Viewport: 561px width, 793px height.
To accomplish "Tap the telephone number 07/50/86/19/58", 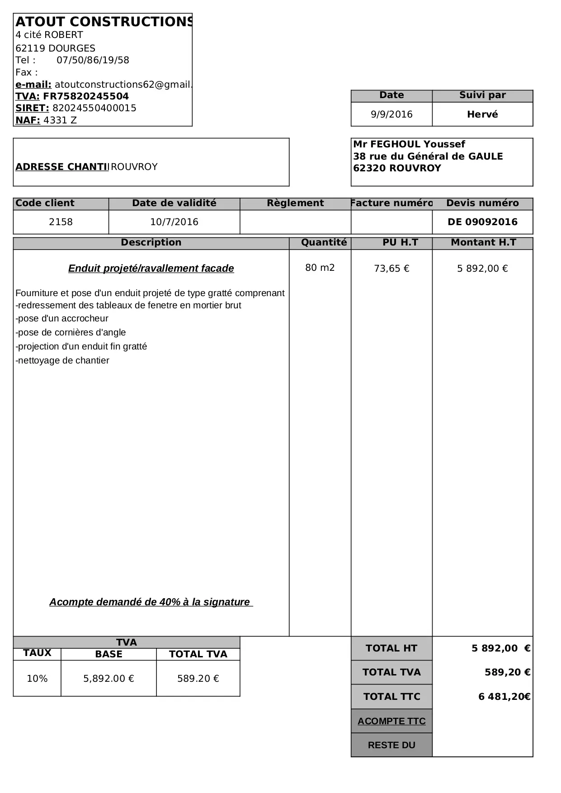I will coord(93,60).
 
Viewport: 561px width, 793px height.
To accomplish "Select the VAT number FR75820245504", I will coord(86,96).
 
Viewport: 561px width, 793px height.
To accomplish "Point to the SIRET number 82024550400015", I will coord(94,108).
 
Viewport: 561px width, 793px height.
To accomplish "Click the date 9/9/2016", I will coord(391,114).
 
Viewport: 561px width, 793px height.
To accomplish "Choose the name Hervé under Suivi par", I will coord(482,114).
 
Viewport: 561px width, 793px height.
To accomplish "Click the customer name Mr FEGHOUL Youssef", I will coord(409,144).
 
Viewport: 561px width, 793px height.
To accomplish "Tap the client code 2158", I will coord(61,222).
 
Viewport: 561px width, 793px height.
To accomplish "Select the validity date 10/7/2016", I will coord(174,222).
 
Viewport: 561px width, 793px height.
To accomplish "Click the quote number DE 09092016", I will coord(482,222).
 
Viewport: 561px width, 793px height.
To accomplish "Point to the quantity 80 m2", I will coord(320,268).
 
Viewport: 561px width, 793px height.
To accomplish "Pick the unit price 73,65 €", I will coord(391,269).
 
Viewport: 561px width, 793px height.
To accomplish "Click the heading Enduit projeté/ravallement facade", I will coord(151,269).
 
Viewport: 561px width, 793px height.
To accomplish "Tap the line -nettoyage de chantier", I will coord(62,360).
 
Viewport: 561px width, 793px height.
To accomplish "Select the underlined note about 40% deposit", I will coord(151,602).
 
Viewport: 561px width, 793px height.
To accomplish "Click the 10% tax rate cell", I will coord(37,679).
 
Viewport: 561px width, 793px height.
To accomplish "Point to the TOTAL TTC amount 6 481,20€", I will coord(504,697).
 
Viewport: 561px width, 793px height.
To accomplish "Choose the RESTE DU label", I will coord(391,745).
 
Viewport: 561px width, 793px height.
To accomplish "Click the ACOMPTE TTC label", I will coord(391,721).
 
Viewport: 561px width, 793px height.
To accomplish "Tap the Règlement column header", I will coord(295,203).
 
